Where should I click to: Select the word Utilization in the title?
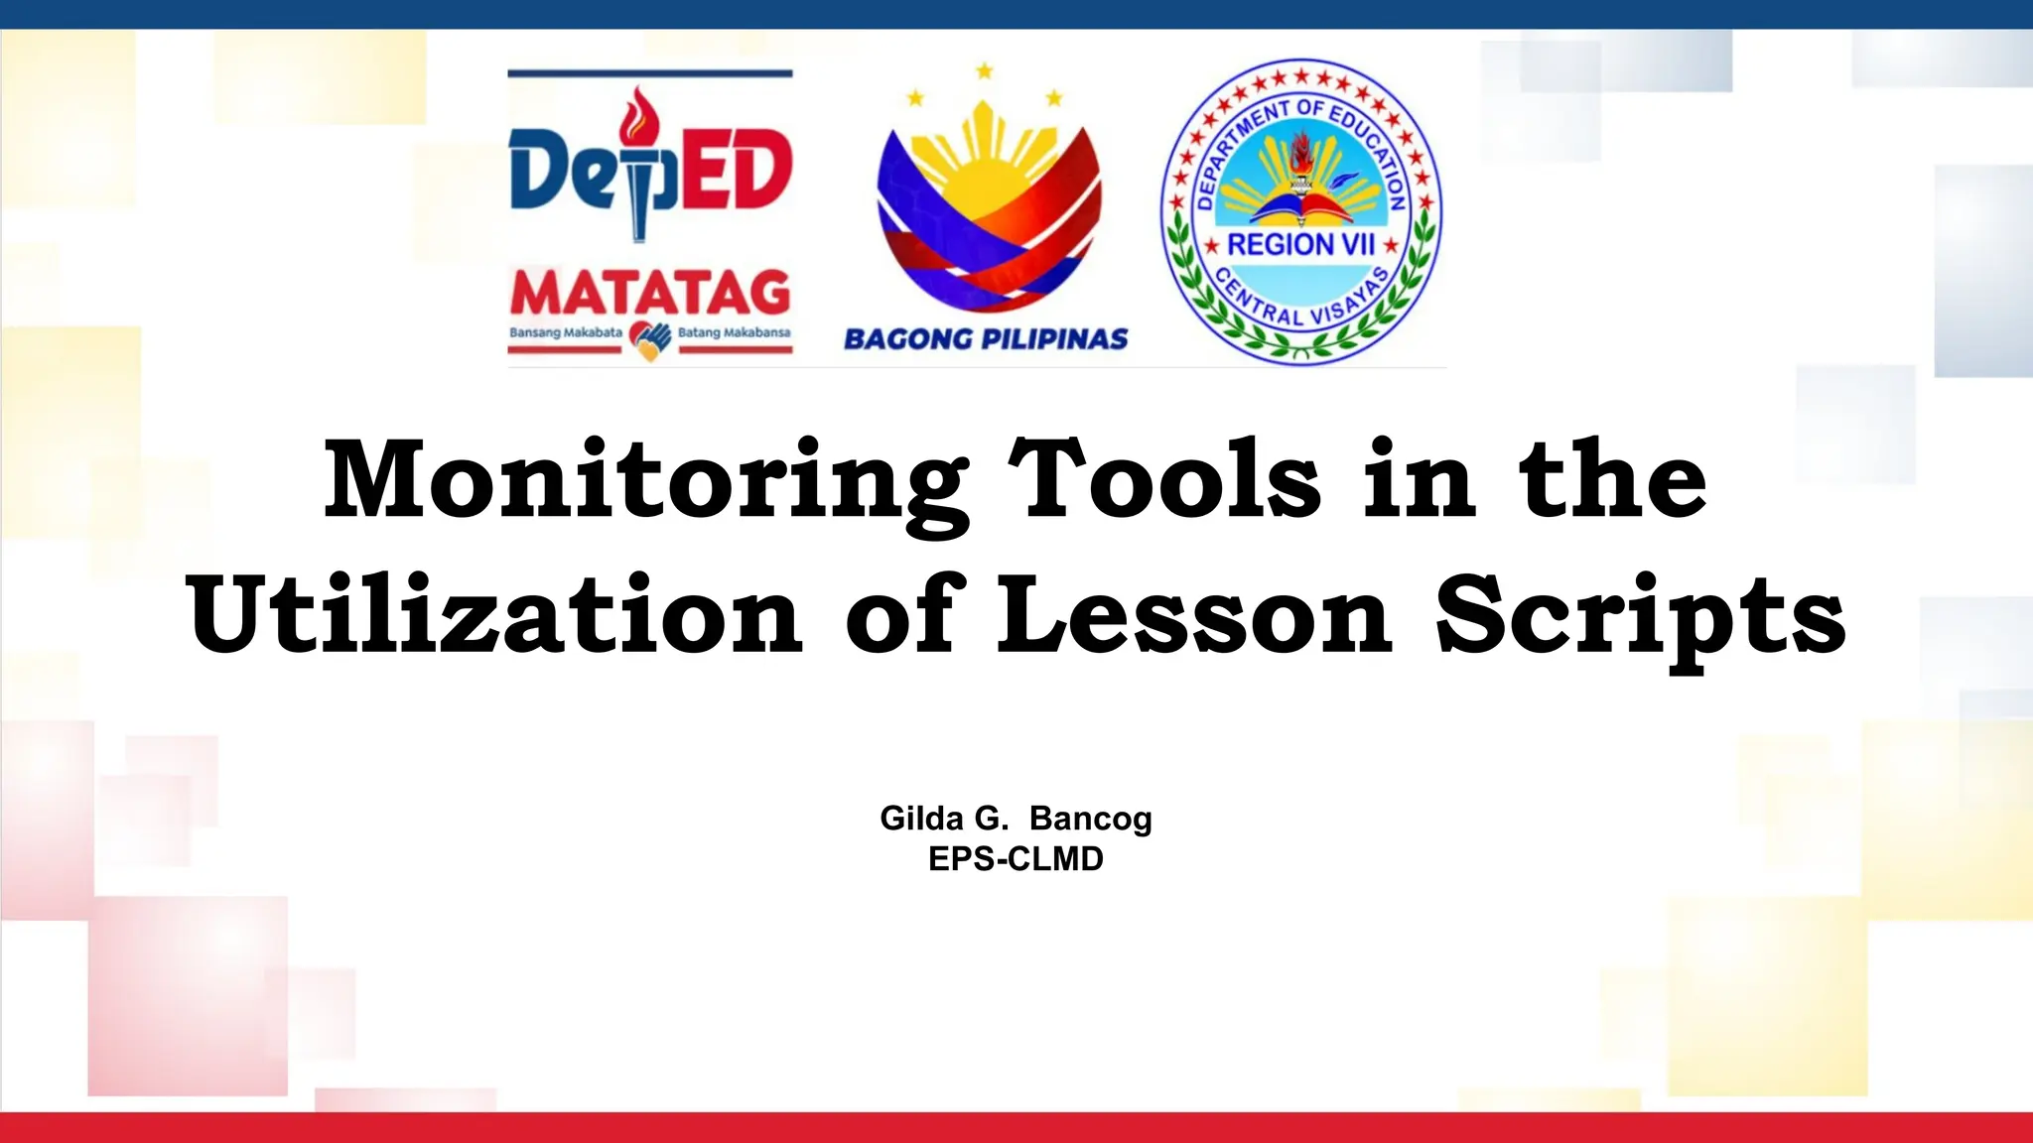(x=493, y=615)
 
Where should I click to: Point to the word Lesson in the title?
(x=1194, y=615)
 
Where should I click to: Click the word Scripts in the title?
(x=1640, y=617)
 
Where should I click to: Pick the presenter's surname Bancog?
(x=1090, y=819)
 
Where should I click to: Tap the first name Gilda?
(x=921, y=819)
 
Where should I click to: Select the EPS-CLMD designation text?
(x=1016, y=859)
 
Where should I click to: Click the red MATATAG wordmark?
(x=650, y=293)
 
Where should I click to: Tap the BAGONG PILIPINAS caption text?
(x=986, y=339)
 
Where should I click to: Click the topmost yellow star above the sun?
(x=985, y=71)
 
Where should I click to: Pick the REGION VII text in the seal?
(x=1300, y=244)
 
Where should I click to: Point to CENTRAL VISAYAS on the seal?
(x=1301, y=302)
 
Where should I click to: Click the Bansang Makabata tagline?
(x=566, y=332)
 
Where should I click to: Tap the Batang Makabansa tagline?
(x=735, y=332)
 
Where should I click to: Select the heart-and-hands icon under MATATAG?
(x=650, y=340)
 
